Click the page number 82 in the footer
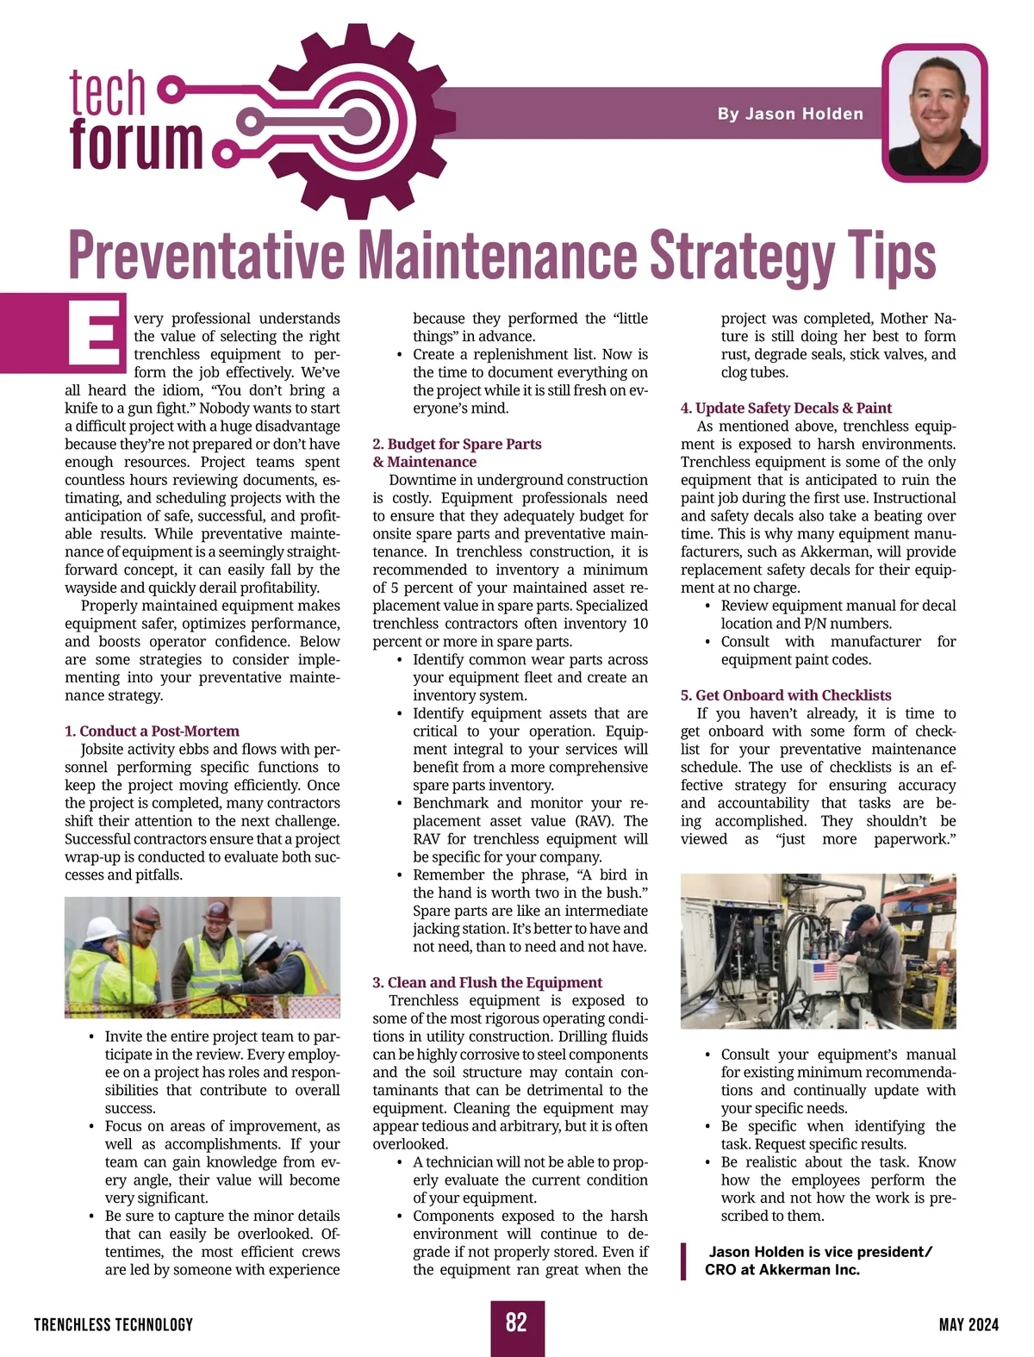pos(516,1323)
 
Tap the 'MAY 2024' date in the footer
pos(969,1324)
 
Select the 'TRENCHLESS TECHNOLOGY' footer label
pos(114,1324)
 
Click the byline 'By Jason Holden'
pos(790,114)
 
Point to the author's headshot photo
pos(935,112)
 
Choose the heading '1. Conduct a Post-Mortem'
pos(152,731)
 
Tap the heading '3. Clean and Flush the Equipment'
pos(487,982)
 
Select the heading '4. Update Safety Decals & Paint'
pos(786,408)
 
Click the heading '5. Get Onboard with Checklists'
pos(786,694)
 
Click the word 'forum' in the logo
pos(135,143)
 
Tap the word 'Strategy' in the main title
pos(741,256)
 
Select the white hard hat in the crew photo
pos(103,927)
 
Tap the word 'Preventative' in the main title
pos(207,256)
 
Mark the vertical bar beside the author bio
pos(684,1261)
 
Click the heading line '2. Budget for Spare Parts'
pos(457,444)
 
